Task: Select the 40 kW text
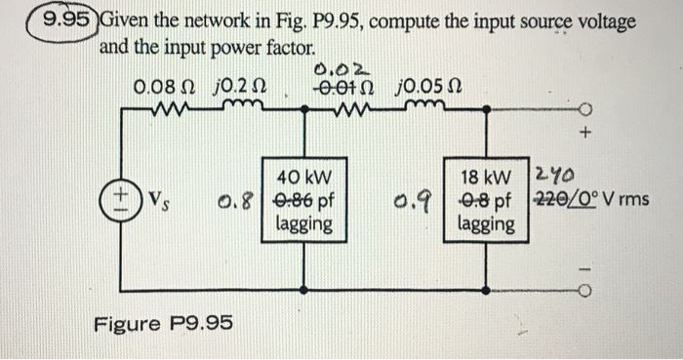pos(303,179)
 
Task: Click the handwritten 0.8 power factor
pos(230,202)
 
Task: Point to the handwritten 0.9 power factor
pos(422,202)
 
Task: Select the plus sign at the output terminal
pos(586,128)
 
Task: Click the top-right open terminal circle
pos(586,108)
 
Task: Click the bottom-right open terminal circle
pos(586,288)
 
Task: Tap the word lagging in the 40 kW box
pos(303,224)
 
